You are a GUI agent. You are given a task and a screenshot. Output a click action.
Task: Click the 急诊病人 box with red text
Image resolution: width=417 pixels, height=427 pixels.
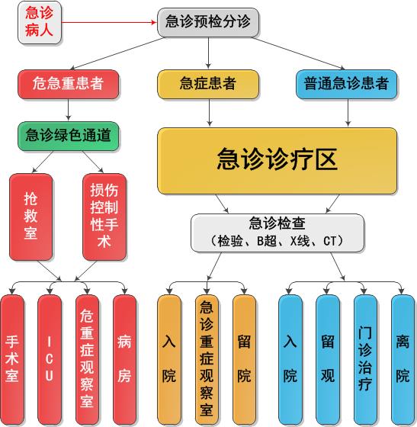[40, 22]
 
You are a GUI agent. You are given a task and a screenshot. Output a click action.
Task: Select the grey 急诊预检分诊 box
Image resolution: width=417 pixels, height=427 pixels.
[208, 22]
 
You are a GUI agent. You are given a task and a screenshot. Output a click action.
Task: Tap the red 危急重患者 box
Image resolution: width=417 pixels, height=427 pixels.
[69, 84]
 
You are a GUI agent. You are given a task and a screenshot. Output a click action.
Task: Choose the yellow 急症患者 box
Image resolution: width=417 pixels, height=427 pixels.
[208, 84]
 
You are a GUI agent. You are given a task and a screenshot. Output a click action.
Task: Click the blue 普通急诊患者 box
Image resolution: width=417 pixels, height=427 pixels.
[346, 84]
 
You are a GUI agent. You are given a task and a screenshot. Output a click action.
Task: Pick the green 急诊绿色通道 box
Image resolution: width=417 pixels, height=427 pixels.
[69, 136]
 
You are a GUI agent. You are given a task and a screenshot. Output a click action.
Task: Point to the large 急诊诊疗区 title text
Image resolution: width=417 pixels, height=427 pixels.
[277, 159]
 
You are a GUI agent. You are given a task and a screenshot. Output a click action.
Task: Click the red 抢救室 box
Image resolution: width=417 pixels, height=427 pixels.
[31, 217]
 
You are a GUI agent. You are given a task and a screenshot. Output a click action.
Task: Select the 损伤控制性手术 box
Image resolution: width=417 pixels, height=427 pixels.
[104, 217]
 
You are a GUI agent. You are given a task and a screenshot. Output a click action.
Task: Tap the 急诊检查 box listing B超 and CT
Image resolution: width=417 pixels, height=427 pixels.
[277, 233]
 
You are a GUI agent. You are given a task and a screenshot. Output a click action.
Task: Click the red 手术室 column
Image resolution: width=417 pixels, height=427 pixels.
[12, 359]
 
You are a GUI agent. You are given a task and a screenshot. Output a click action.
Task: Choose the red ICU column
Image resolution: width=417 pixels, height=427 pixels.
[50, 359]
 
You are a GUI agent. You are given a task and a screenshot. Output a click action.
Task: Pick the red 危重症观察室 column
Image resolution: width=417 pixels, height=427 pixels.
[87, 359]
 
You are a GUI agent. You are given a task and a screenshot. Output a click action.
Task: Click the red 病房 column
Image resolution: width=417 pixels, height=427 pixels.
[125, 359]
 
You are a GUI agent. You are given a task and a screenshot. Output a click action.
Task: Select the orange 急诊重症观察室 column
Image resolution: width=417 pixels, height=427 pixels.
[207, 359]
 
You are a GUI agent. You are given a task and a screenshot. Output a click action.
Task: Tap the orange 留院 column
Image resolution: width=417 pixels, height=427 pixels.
[244, 359]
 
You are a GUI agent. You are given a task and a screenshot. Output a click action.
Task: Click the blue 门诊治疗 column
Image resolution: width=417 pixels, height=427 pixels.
[365, 359]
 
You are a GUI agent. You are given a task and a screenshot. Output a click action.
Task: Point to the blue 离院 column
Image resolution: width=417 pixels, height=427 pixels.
[403, 359]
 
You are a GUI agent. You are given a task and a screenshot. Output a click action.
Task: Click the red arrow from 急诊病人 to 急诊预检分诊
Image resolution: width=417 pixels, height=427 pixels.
[110, 22]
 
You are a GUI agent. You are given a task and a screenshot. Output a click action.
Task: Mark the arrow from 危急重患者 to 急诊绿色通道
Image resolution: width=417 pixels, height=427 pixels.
[69, 110]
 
